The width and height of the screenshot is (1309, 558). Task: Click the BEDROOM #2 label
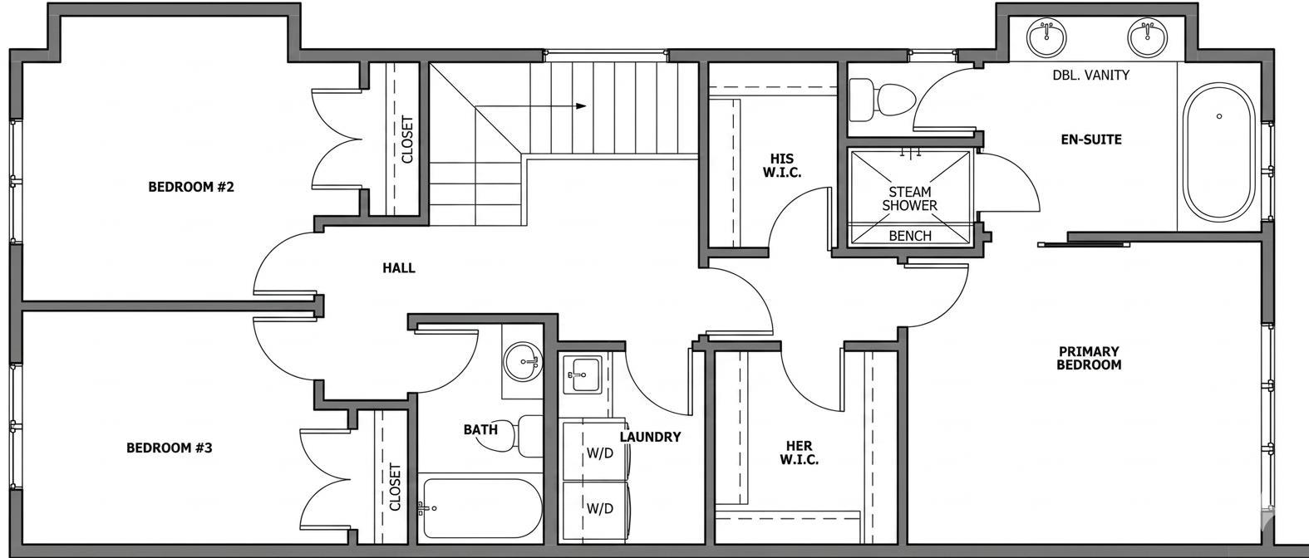[191, 187]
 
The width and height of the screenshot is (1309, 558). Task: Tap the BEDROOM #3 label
[170, 448]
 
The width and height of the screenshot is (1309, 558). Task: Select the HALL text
[399, 268]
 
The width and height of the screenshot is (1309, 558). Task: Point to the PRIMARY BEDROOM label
[1089, 358]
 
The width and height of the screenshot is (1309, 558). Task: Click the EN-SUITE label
[1091, 139]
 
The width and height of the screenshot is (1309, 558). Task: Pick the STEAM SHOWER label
[910, 198]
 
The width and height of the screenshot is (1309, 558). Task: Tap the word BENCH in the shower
[910, 236]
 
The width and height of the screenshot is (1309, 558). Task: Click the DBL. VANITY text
[1090, 75]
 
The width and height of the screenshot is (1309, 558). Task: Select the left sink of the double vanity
[1046, 37]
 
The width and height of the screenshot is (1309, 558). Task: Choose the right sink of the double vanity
[1147, 37]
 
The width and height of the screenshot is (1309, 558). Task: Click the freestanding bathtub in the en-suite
[1218, 152]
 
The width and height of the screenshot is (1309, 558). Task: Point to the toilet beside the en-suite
[882, 99]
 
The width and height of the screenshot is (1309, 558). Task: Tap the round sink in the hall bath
[523, 361]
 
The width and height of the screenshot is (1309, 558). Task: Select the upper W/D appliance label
[600, 453]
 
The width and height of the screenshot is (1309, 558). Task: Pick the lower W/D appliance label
[600, 509]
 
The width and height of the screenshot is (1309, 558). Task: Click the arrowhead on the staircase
[581, 106]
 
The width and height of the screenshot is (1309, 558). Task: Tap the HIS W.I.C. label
[782, 166]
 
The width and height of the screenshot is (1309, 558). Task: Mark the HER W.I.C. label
[799, 453]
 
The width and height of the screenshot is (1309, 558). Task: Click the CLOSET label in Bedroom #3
[396, 487]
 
